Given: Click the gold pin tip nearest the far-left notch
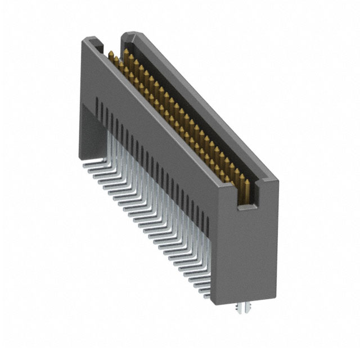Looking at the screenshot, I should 112,55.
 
